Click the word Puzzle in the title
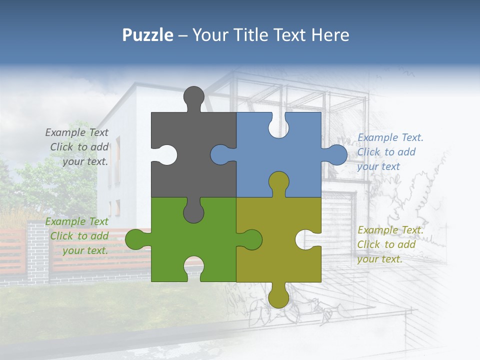pyautogui.click(x=147, y=35)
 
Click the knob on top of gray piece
pyautogui.click(x=193, y=97)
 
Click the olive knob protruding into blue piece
pyautogui.click(x=278, y=182)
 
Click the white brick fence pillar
pyautogui.click(x=38, y=252)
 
